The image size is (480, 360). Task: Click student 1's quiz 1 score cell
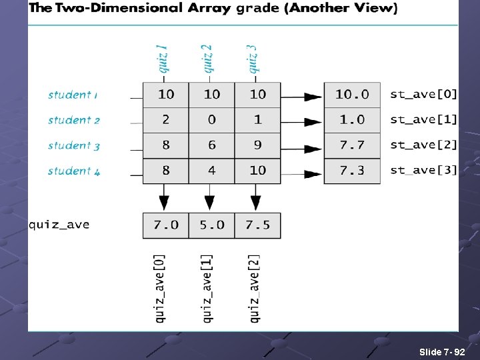click(x=166, y=95)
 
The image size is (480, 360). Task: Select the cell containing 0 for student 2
click(x=211, y=120)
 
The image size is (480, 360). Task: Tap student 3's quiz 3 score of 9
click(x=257, y=145)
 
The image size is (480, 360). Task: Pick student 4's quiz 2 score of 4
click(x=211, y=171)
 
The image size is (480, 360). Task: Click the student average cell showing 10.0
click(x=352, y=95)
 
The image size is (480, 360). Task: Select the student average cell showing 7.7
click(x=352, y=145)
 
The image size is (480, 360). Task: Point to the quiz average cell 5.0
click(x=211, y=225)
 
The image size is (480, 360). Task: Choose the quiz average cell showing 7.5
click(x=257, y=225)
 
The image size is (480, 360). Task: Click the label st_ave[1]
click(x=423, y=120)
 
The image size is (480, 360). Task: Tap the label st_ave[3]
click(x=423, y=171)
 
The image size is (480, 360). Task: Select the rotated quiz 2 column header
click(x=207, y=59)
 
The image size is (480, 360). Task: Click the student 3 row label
click(x=73, y=145)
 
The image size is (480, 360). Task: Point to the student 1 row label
click(x=73, y=95)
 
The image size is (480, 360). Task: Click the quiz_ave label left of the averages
click(x=59, y=225)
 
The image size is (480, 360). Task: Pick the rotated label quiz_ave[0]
click(x=161, y=288)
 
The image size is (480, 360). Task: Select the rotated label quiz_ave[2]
click(x=254, y=288)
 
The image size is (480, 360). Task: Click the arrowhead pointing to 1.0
click(x=312, y=122)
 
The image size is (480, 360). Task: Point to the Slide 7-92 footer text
click(x=442, y=351)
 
